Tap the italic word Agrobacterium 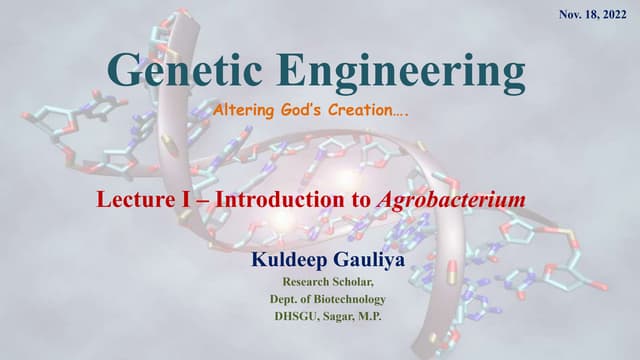tap(452, 199)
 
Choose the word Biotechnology tap(347, 299)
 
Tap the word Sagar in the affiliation tap(344, 317)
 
